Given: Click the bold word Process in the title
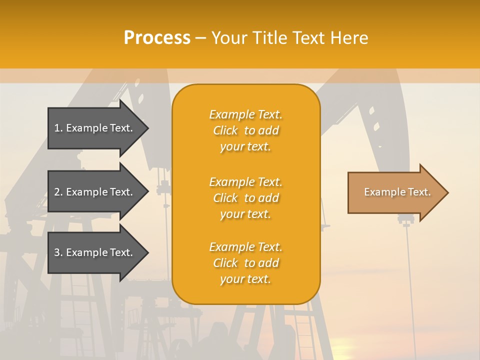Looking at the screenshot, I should [157, 38].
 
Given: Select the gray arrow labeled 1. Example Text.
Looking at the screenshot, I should [95, 128].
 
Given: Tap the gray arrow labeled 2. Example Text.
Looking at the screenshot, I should [95, 192].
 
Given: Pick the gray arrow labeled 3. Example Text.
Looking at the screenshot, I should [95, 252].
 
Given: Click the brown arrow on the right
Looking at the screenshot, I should [395, 192].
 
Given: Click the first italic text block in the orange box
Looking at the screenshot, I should [245, 130].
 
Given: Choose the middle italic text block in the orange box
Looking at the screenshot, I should [245, 198].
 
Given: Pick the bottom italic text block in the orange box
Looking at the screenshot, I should [245, 263].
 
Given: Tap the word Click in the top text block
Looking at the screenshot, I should [225, 131].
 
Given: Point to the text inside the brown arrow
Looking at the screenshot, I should [397, 192].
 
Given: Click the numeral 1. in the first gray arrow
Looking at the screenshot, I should [58, 128].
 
